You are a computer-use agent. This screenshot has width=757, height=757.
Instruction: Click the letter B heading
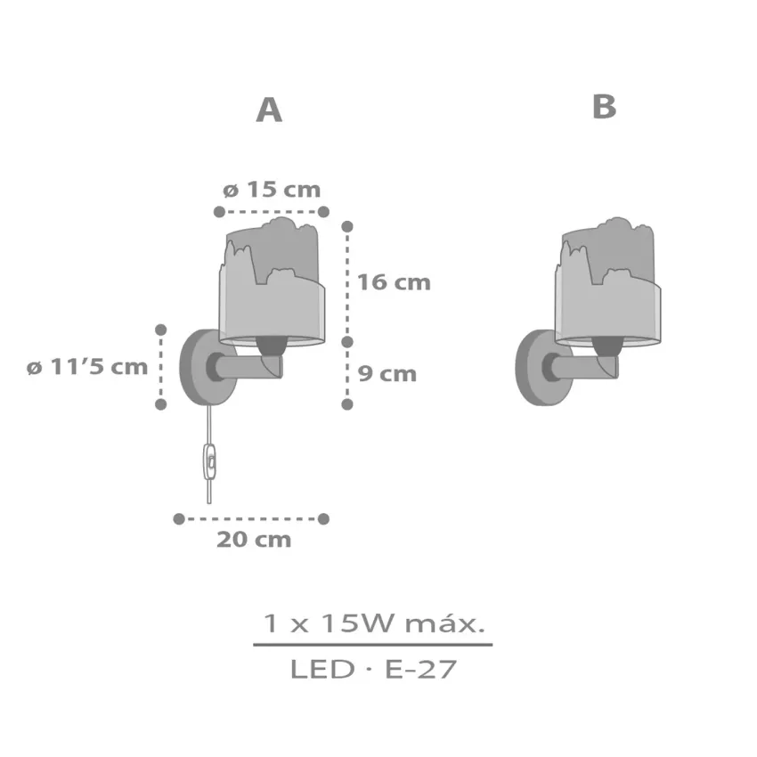tap(604, 107)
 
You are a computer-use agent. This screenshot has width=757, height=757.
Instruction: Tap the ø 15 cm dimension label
tap(271, 190)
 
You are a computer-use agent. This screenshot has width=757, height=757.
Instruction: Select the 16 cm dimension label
tap(393, 282)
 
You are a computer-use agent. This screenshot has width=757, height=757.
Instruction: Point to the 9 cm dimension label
tap(387, 373)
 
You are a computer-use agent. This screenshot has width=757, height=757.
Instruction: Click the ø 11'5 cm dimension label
tap(86, 367)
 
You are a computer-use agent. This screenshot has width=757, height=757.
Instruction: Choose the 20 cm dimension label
tap(254, 539)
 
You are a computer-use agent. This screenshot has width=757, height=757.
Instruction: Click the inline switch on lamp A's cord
tap(211, 460)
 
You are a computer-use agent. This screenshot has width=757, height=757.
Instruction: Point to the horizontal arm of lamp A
tap(245, 365)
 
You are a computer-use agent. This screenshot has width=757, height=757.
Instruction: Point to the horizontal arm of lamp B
tap(583, 365)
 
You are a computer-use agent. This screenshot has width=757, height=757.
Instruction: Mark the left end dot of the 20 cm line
tap(179, 518)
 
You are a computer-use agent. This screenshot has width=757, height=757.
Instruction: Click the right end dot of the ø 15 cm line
tap(323, 212)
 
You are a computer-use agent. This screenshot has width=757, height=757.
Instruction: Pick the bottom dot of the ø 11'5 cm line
tap(161, 403)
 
